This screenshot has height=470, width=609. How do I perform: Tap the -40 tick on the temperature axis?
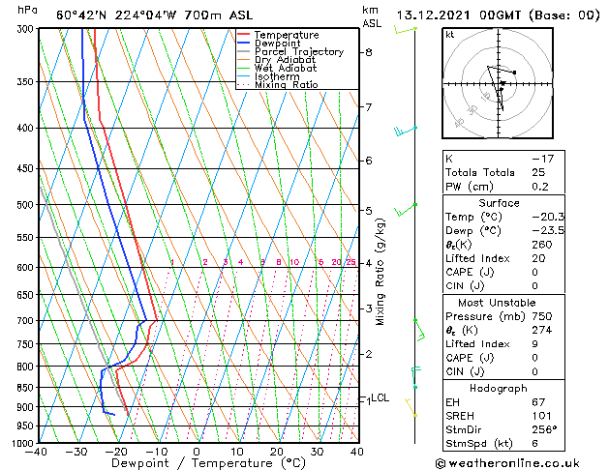(37, 452)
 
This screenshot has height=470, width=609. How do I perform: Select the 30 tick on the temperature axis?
(317, 452)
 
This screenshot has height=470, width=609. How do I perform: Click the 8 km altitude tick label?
(368, 52)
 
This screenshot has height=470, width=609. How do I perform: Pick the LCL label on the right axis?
(381, 397)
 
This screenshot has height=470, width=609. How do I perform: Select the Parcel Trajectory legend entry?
(298, 52)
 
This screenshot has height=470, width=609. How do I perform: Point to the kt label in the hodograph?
(449, 34)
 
